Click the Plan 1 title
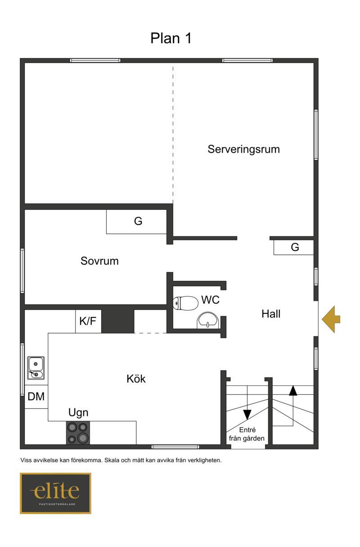tap(171, 38)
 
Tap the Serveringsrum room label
tap(243, 149)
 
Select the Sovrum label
tap(99, 261)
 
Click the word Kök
tap(136, 379)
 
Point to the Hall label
tap(271, 314)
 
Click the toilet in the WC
tap(185, 303)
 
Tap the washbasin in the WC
tap(208, 320)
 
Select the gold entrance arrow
tap(331, 319)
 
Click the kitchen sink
tap(36, 368)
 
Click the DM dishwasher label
tap(36, 397)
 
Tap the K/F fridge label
tap(88, 321)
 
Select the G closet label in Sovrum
tap(138, 221)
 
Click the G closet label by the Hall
tap(295, 247)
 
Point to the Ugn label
tap(78, 413)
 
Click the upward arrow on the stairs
tap(293, 391)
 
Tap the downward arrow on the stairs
tap(247, 414)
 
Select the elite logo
tap(56, 493)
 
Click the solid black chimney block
tap(117, 321)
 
